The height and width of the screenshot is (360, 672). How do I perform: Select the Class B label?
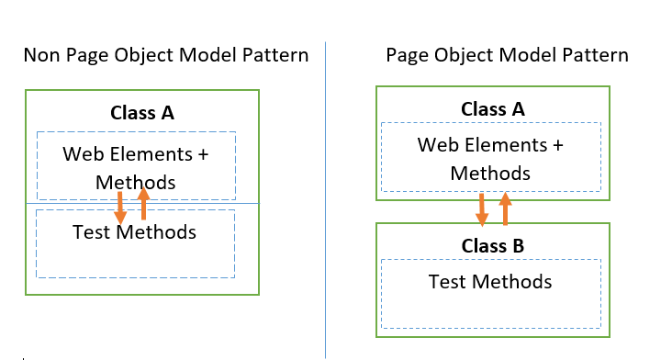(x=493, y=246)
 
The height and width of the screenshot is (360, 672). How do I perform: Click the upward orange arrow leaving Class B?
(x=504, y=209)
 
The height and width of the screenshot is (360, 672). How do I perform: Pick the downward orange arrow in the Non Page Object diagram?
(x=119, y=207)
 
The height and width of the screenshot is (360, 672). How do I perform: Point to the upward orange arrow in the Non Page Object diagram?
(x=143, y=204)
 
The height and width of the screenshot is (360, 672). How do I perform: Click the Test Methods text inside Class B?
(x=490, y=281)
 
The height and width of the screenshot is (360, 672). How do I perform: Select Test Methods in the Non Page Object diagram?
(x=135, y=232)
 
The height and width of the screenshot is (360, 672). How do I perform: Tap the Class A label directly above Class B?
(x=493, y=109)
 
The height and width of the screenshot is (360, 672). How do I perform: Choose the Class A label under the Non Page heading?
(x=142, y=114)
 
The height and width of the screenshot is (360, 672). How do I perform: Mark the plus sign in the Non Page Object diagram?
(x=202, y=154)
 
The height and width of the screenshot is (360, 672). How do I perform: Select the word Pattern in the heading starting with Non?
(x=273, y=56)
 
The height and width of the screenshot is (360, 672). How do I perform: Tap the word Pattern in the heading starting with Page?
(x=592, y=56)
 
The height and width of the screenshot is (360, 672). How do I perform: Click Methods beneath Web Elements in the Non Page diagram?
(x=135, y=182)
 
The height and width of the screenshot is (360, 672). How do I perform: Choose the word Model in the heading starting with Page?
(x=522, y=56)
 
